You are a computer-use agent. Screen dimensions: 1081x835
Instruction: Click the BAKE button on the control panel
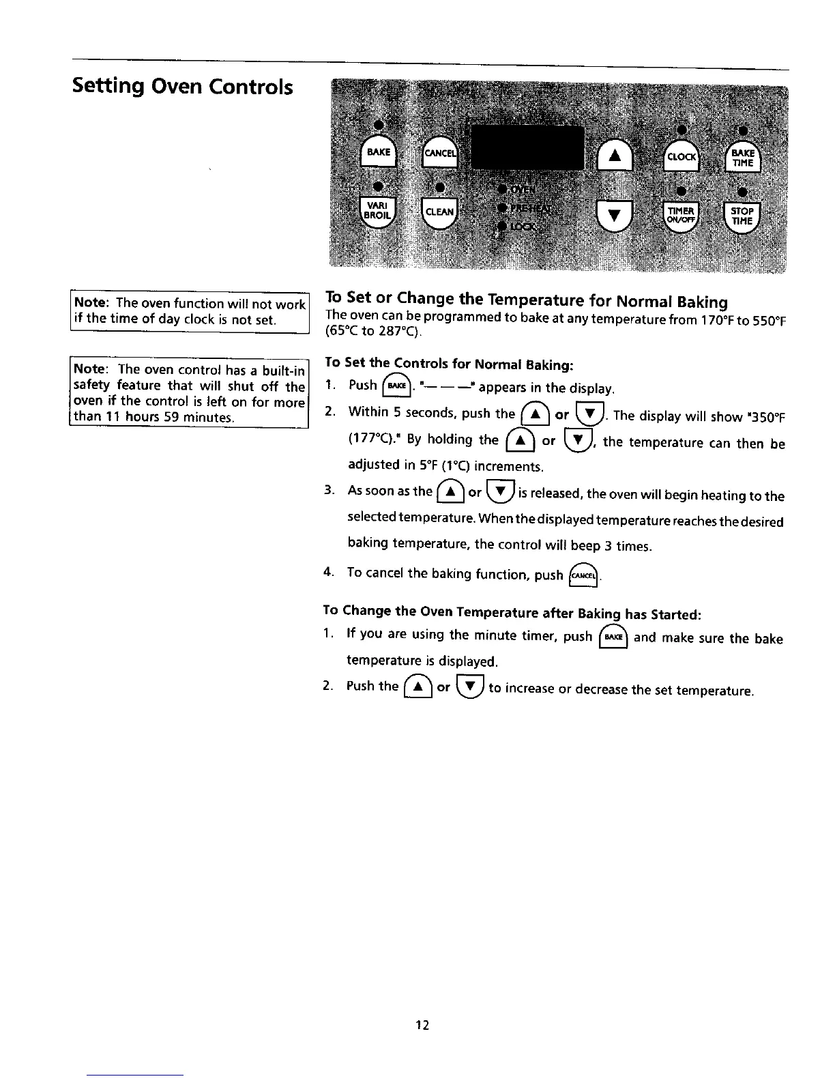(379, 152)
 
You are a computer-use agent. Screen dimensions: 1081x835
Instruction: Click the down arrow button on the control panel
(614, 215)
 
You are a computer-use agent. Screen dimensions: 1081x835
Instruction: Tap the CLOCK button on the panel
(681, 156)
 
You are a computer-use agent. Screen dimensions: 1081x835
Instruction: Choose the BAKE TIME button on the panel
(742, 158)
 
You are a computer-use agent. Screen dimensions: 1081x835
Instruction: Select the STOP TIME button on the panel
(742, 216)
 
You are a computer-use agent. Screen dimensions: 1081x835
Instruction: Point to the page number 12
(422, 1025)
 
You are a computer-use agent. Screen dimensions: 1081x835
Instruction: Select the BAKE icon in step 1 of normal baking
(398, 387)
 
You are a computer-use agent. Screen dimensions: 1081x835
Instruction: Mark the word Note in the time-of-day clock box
(91, 303)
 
